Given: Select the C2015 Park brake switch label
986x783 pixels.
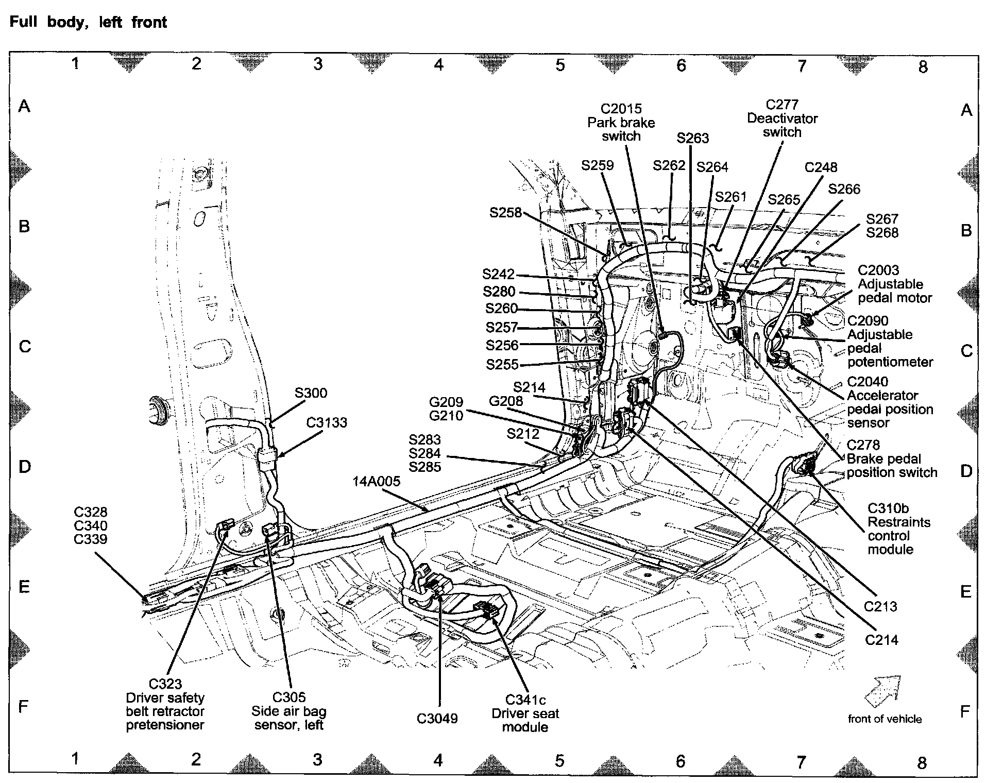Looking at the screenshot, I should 621,123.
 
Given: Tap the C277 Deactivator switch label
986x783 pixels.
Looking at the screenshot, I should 782,118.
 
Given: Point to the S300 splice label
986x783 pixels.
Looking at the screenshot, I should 311,393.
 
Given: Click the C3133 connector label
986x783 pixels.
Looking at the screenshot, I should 327,423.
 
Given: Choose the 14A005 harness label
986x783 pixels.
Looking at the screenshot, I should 376,482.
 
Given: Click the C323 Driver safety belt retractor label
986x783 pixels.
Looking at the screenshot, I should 165,704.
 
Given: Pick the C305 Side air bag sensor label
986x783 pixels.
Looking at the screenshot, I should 289,711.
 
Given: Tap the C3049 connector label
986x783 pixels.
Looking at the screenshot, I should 437,719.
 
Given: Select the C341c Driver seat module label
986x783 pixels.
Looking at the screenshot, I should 525,713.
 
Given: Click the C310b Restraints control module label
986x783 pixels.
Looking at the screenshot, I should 898,529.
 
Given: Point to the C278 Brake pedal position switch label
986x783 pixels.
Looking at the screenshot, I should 892,459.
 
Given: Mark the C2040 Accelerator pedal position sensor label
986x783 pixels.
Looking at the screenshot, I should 890,402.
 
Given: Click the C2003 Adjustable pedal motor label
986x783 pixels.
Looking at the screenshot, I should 894,284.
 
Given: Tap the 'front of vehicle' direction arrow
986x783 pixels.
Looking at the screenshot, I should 884,690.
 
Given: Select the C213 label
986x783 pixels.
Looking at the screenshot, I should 880,606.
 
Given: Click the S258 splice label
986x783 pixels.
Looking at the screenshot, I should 505,213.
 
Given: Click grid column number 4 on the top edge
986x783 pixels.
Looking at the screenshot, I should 438,64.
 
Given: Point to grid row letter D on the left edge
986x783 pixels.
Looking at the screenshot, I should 25,467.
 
